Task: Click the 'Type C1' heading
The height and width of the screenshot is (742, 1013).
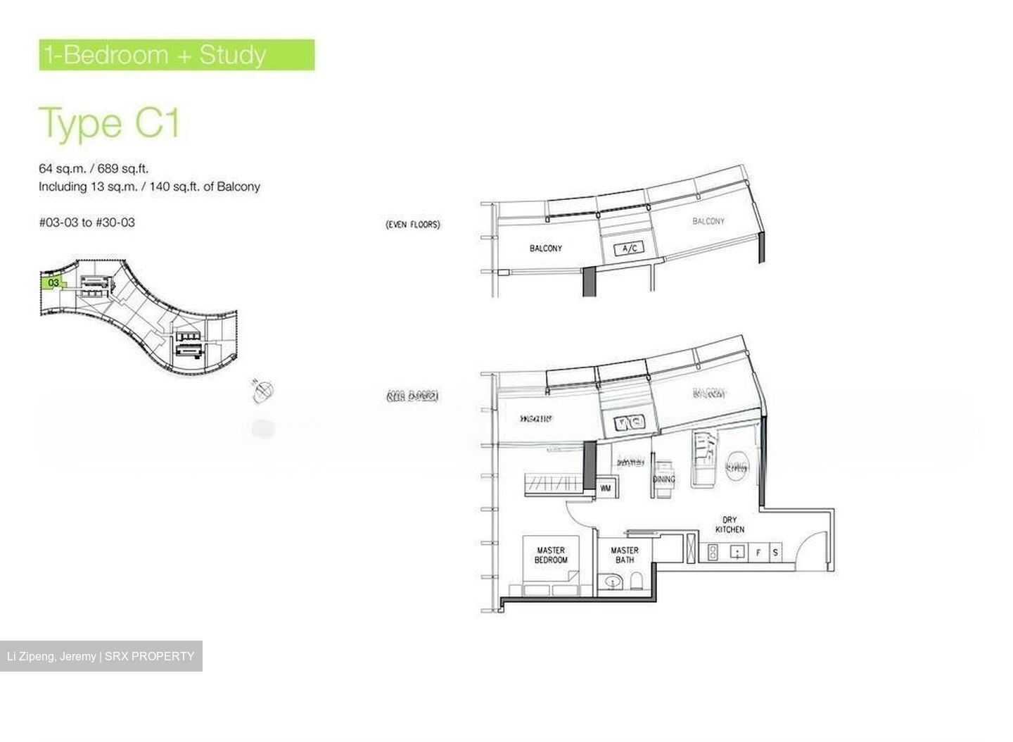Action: point(110,123)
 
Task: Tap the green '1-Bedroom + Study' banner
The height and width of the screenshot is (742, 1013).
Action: point(177,55)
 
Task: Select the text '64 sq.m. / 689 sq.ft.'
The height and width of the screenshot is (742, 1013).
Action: point(94,168)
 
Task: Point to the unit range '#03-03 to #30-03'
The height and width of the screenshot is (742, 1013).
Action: point(87,222)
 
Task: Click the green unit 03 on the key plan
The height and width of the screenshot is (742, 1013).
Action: point(53,283)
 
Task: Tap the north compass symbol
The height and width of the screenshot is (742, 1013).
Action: point(263,390)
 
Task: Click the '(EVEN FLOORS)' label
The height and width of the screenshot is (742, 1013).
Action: point(413,225)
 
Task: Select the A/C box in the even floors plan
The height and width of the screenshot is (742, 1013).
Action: point(628,249)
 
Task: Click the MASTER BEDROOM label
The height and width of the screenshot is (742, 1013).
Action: point(551,555)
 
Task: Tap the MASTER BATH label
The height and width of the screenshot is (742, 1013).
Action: point(625,555)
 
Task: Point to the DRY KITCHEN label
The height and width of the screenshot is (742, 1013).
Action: point(730,524)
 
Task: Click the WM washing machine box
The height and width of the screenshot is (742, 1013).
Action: point(605,488)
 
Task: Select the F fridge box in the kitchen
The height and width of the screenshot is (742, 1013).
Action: point(758,553)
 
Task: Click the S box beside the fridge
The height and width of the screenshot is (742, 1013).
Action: point(775,553)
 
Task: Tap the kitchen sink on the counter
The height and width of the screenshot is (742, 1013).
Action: point(737,552)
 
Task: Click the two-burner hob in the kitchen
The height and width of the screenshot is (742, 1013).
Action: point(712,553)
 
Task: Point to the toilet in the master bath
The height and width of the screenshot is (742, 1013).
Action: point(637,581)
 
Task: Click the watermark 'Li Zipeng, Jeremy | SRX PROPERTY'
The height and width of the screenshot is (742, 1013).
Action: point(101,656)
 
